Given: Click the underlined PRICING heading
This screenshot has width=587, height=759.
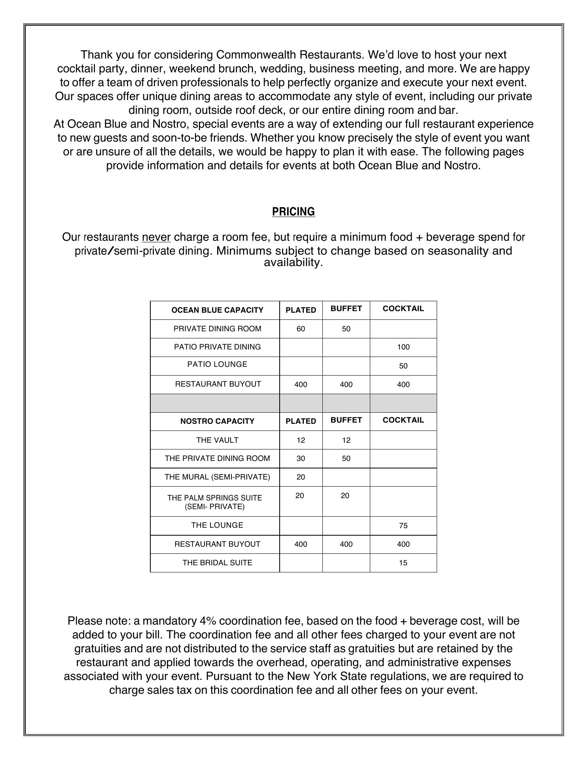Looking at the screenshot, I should click(x=293, y=212).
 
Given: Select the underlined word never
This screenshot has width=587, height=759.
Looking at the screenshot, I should click(x=156, y=237).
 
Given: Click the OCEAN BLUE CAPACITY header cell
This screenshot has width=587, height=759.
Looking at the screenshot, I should click(x=217, y=310).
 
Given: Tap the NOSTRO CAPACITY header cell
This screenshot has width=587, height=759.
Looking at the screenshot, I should click(x=217, y=421).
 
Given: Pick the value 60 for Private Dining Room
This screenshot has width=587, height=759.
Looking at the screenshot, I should click(x=301, y=329).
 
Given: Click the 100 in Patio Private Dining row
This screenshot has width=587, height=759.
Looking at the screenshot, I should click(x=403, y=347).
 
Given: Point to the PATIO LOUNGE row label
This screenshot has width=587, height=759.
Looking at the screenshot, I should click(x=217, y=364).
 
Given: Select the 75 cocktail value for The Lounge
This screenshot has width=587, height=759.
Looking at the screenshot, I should click(x=403, y=526).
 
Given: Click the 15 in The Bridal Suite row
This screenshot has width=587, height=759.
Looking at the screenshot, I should click(x=403, y=563).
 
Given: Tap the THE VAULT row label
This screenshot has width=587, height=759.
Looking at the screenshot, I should click(x=217, y=440).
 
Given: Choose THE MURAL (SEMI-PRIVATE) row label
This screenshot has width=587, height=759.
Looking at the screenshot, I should click(x=217, y=477).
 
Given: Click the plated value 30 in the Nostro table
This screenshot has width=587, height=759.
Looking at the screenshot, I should click(x=301, y=459).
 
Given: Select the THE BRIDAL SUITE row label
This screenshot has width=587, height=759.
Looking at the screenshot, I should click(x=217, y=563).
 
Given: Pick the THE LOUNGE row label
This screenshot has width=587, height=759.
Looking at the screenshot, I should click(x=217, y=525).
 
